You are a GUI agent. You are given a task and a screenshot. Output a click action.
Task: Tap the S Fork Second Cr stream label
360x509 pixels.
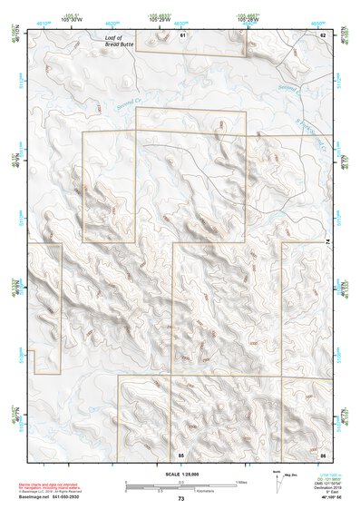(x=314, y=127)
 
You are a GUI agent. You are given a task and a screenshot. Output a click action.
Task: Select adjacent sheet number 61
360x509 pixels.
(x=182, y=34)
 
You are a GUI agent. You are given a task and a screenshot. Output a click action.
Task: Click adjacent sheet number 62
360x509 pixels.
(x=322, y=34)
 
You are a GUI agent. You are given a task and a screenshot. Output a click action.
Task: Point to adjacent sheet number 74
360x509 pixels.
(x=327, y=240)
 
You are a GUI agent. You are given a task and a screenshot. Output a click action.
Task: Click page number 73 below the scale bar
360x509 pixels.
(x=180, y=499)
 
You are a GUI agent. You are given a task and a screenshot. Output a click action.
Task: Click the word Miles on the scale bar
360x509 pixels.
(x=241, y=481)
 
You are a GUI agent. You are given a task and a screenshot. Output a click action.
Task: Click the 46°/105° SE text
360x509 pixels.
(x=323, y=497)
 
